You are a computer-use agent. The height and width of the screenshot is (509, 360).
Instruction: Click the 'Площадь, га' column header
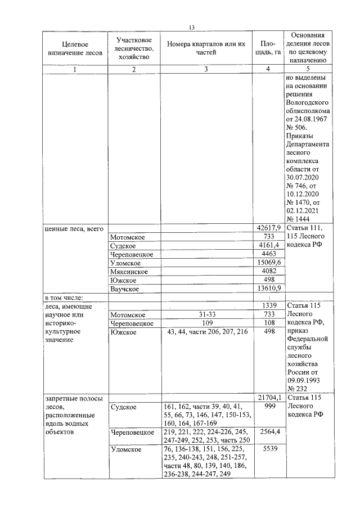coord(267,48)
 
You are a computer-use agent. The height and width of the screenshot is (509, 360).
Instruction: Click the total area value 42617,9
coord(267,228)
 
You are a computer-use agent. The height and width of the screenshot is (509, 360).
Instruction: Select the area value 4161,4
coord(267,246)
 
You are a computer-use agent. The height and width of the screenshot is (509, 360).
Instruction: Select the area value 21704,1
coord(267,398)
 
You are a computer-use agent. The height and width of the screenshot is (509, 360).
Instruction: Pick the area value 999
coord(267,406)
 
